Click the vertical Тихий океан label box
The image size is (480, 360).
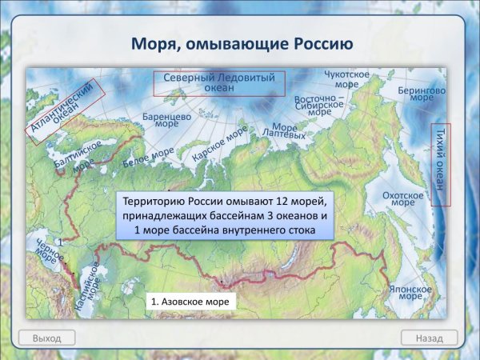click(x=440, y=165)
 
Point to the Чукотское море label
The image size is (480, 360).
click(x=346, y=78)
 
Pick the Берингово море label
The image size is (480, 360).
click(x=421, y=97)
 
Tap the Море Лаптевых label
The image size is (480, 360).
click(x=289, y=131)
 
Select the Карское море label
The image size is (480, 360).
click(x=219, y=144)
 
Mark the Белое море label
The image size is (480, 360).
click(x=149, y=157)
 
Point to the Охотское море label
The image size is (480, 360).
click(x=402, y=198)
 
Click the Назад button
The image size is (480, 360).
click(x=429, y=338)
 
